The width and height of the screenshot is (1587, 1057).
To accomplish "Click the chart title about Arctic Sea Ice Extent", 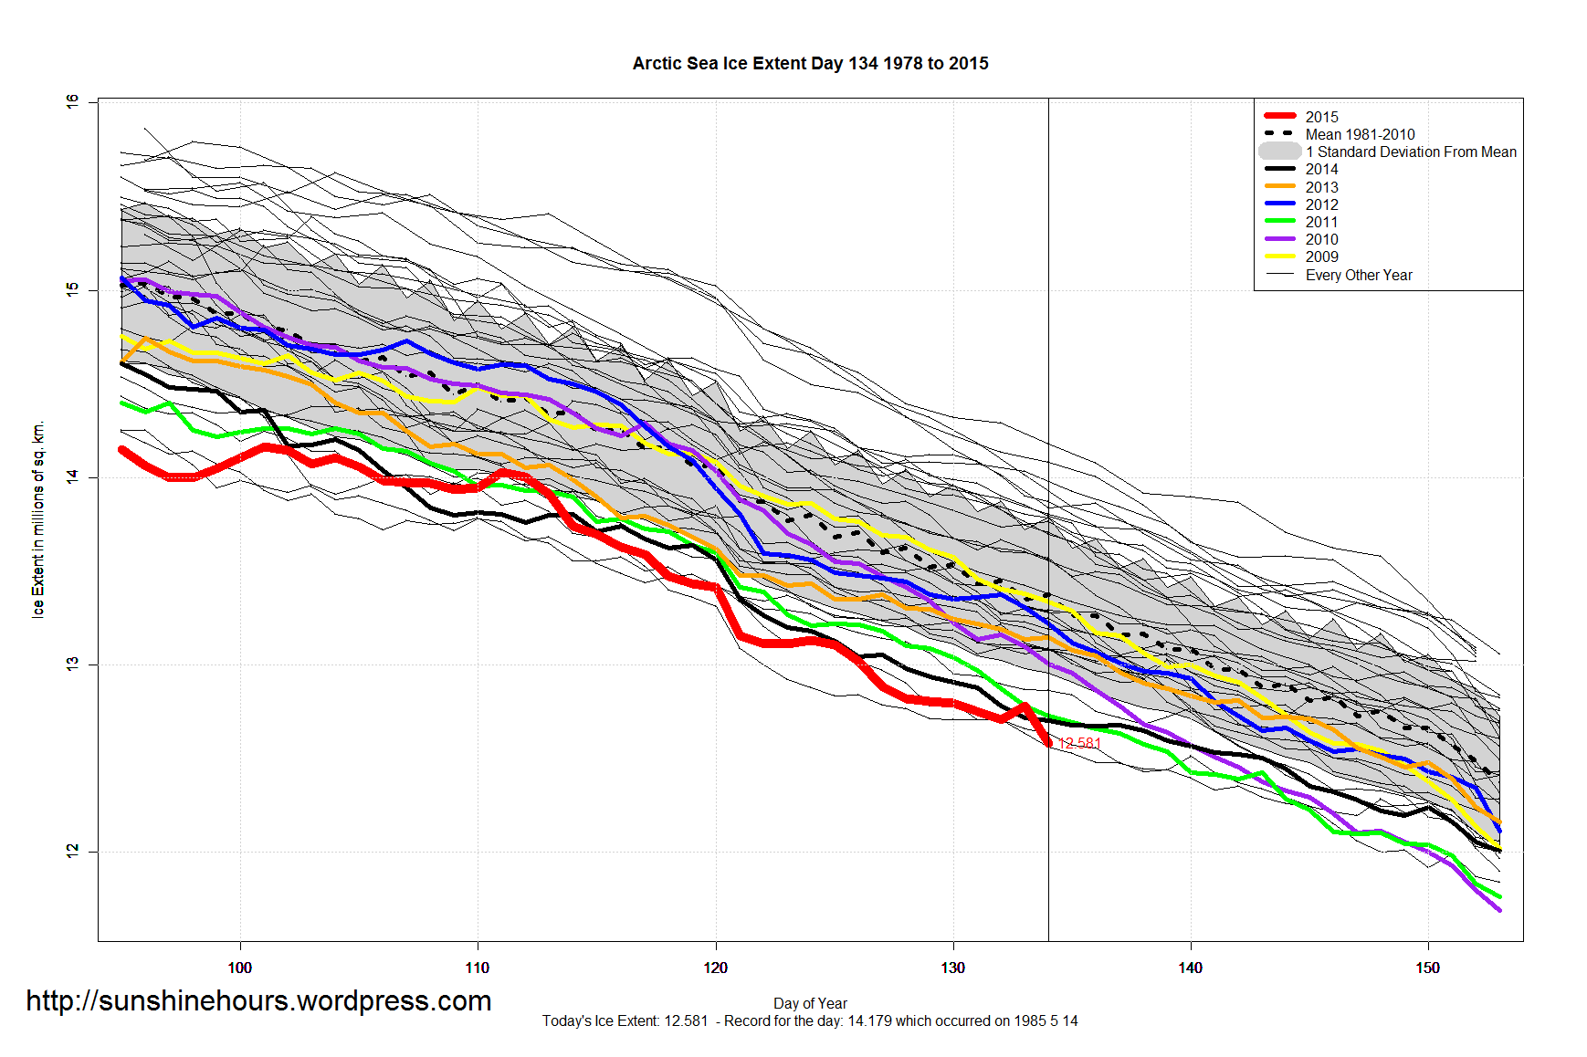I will click(810, 63).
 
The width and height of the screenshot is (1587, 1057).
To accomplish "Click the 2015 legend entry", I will click(1321, 117).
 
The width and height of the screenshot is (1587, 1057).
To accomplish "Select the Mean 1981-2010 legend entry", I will click(1360, 134).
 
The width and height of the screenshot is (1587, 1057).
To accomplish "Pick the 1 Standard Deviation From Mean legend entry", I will click(1410, 152).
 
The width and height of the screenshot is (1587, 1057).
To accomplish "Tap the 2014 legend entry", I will click(1321, 169).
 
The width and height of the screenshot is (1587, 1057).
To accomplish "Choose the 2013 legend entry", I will click(1321, 187).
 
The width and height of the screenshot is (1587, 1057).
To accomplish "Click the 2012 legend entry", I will click(1321, 204).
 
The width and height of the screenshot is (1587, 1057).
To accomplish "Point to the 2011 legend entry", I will click(1321, 222).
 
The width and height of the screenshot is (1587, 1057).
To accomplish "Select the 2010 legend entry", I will click(1321, 239).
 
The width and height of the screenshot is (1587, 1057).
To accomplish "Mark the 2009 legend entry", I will click(1321, 256).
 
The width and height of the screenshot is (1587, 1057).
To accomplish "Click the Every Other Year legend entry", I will click(1358, 275).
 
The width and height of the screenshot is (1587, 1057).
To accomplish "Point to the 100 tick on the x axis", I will click(240, 968).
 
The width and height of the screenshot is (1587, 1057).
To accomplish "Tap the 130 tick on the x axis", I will click(952, 968).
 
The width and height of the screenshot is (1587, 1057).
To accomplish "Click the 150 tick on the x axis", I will click(1427, 968).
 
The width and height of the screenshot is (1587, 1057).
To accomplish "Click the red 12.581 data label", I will click(1079, 743).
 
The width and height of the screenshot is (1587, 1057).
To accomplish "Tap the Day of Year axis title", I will click(810, 1003).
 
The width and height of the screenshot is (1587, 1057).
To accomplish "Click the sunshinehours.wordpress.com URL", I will click(258, 1000).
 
